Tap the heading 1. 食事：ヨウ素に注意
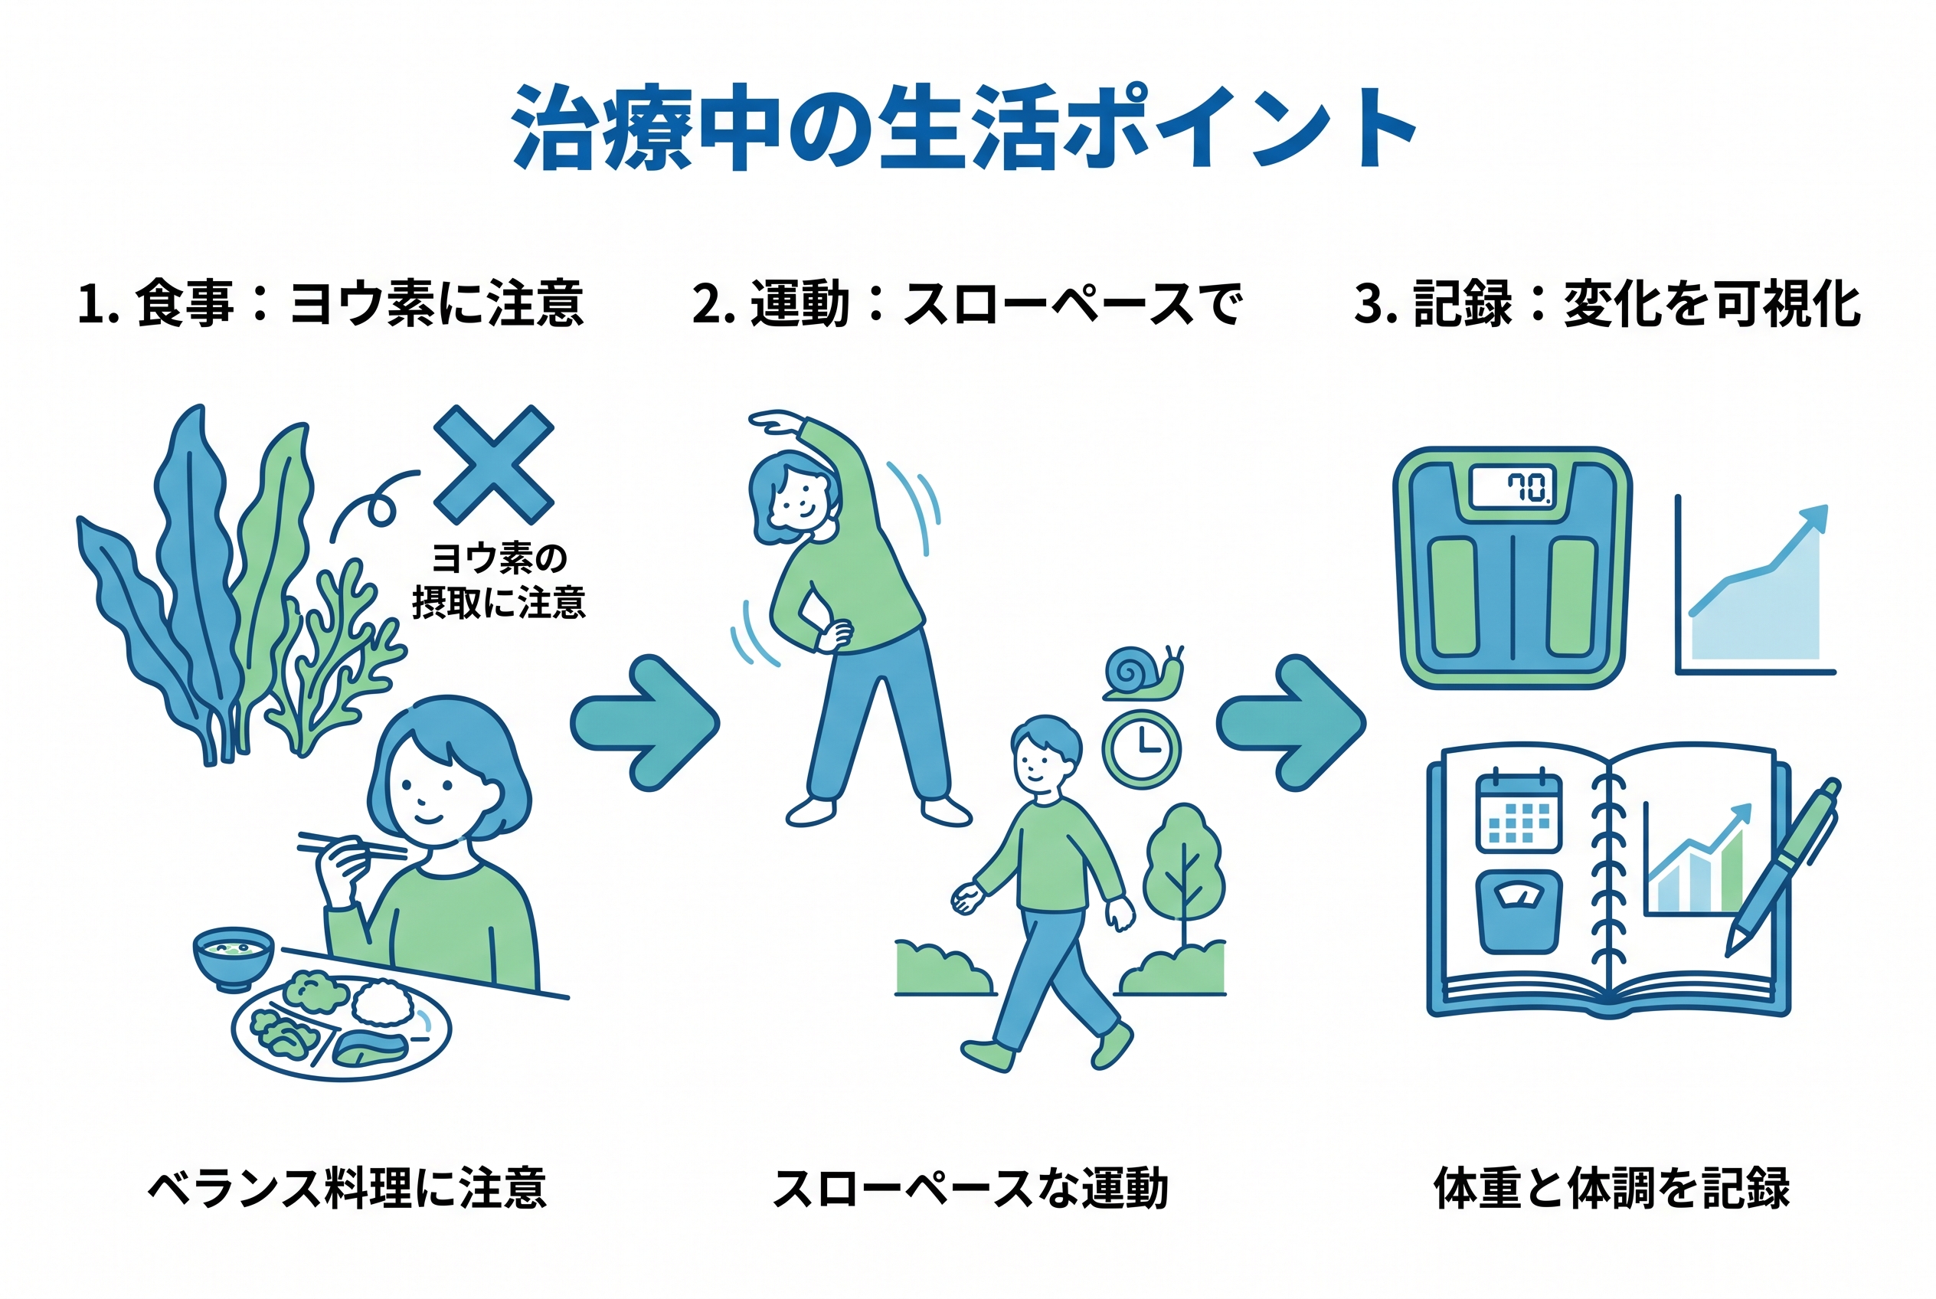coord(331,303)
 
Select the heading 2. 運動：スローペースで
coord(966,303)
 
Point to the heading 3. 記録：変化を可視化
coord(1607,303)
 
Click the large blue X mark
coord(494,464)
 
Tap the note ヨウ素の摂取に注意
coord(499,580)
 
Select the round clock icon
coord(1142,749)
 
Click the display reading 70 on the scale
coord(1512,487)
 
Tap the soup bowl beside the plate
coord(234,957)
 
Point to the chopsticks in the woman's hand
coord(352,845)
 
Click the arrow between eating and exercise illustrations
coord(645,723)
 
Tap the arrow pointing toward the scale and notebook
coord(1290,723)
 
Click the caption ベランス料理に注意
coord(347,1187)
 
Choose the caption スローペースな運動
coord(970,1187)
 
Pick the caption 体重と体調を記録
coord(1612,1187)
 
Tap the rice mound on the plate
coord(382,1003)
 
